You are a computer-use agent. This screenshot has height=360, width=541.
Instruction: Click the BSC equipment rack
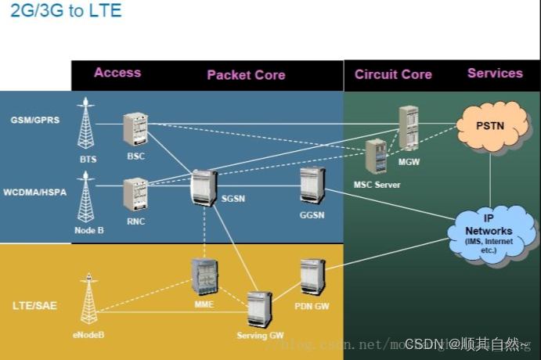pyautogui.click(x=135, y=130)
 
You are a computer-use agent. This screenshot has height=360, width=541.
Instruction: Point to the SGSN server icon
pyautogui.click(x=204, y=188)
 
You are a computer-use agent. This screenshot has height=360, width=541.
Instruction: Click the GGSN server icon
pyautogui.click(x=312, y=185)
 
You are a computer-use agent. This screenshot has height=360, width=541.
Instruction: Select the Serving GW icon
pyautogui.click(x=259, y=310)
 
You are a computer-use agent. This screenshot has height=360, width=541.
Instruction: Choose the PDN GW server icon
pyautogui.click(x=312, y=277)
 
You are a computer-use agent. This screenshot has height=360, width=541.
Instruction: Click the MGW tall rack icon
pyautogui.click(x=408, y=128)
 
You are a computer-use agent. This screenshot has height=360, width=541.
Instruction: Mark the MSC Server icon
pyautogui.click(x=377, y=157)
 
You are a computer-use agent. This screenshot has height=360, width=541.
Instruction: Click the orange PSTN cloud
pyautogui.click(x=490, y=126)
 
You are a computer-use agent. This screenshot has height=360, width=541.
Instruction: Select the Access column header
pyautogui.click(x=117, y=73)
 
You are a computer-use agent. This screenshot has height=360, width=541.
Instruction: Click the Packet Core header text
pyautogui.click(x=246, y=75)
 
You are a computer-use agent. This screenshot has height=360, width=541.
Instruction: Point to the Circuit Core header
pyautogui.click(x=393, y=74)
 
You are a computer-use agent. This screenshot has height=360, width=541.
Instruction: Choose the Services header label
pyautogui.click(x=495, y=74)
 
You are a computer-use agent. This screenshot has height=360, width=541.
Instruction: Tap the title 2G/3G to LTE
pyautogui.click(x=66, y=12)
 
